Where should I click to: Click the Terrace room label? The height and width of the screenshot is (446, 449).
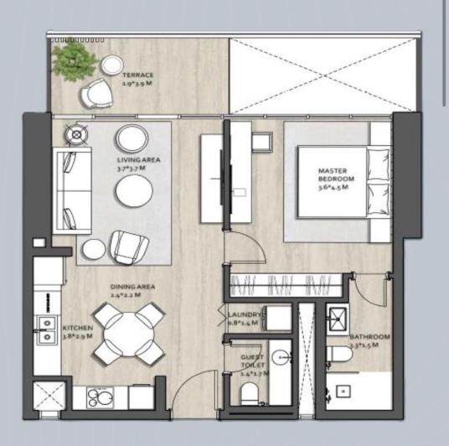pos(138,80)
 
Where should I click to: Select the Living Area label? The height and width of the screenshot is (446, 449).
pos(138,163)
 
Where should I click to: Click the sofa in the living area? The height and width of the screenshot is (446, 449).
pos(73,189)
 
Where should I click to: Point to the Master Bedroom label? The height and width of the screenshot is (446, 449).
pos(337,179)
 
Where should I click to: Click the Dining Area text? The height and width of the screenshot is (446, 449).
pos(133,291)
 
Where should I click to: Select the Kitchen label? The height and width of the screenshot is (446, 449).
pos(78,333)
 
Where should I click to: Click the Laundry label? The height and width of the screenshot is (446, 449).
pos(245,319)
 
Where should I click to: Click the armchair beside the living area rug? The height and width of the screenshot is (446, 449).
pos(129,246)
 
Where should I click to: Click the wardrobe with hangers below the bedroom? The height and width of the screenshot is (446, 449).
pos(284,285)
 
